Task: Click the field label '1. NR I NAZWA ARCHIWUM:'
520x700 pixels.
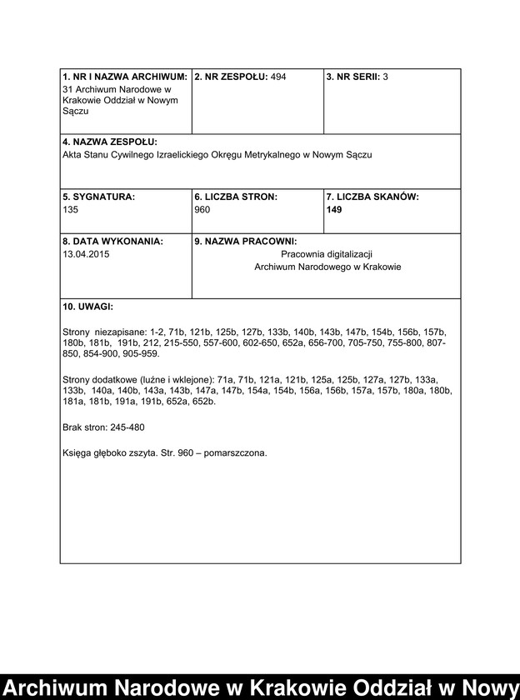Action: (125, 77)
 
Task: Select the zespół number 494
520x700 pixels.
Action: (278, 77)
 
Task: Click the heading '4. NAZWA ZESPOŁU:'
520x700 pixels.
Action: (109, 142)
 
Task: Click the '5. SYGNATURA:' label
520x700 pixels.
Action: (97, 197)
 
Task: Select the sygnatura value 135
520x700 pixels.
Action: (70, 210)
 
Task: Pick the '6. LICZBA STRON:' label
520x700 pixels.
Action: (236, 197)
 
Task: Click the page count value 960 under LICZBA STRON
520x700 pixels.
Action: (202, 210)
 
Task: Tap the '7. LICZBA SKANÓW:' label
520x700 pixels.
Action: (372, 197)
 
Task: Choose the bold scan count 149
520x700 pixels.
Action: (334, 210)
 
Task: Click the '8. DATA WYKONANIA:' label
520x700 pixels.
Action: (112, 242)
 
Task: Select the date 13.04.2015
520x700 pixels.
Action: (85, 254)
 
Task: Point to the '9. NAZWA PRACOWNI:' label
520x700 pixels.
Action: (240, 242)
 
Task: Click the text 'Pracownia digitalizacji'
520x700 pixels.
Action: (326, 253)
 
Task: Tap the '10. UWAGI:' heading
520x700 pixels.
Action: (87, 307)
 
